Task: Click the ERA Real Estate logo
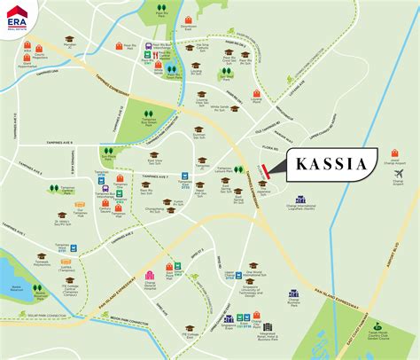pos(19,19)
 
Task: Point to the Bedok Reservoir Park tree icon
pos(15,277)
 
